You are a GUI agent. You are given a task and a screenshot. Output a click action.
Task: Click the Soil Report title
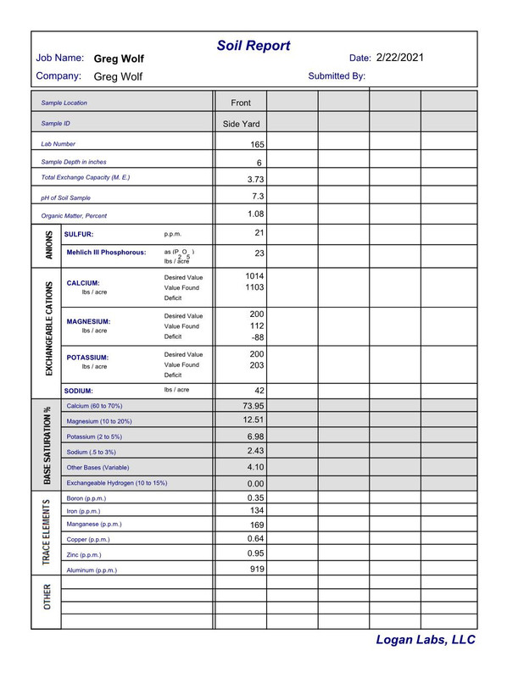tap(254, 46)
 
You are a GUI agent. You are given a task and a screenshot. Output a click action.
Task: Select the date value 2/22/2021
tap(400, 58)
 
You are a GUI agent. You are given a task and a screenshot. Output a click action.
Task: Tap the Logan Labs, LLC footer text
tap(426, 640)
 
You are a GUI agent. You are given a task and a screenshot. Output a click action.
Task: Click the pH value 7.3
tap(259, 196)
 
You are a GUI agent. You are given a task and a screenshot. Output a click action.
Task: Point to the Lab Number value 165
tap(257, 145)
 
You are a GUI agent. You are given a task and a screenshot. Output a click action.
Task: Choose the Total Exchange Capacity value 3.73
tap(255, 179)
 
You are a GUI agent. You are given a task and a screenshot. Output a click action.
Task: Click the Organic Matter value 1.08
tap(255, 214)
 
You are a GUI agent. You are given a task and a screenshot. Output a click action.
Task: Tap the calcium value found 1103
tap(255, 288)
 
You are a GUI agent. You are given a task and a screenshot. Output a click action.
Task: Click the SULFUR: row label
tap(80, 234)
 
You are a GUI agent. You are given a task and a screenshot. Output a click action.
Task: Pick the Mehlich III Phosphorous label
tap(106, 253)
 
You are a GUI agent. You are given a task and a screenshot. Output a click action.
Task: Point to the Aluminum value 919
tap(258, 570)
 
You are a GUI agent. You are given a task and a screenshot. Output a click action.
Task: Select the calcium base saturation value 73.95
tap(254, 406)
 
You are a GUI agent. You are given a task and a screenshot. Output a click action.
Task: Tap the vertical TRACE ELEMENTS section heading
tap(47, 531)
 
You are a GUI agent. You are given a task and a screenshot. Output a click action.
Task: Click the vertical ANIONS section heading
tap(47, 244)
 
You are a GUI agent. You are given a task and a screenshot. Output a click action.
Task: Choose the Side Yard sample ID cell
tap(241, 124)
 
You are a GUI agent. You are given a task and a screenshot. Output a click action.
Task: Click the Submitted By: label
tap(337, 76)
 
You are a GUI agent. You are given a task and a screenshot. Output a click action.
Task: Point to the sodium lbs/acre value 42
tap(259, 391)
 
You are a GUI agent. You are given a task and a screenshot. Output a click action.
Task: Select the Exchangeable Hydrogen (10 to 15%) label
tap(116, 483)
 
